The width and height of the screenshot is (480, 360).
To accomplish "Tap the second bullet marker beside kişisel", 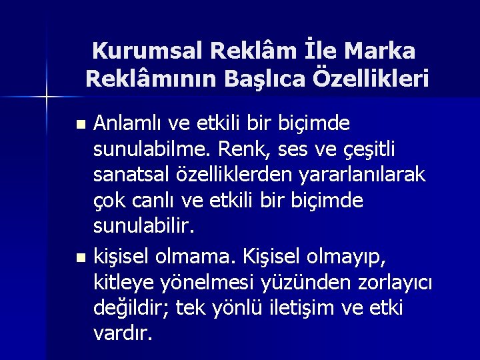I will tap(81, 256).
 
